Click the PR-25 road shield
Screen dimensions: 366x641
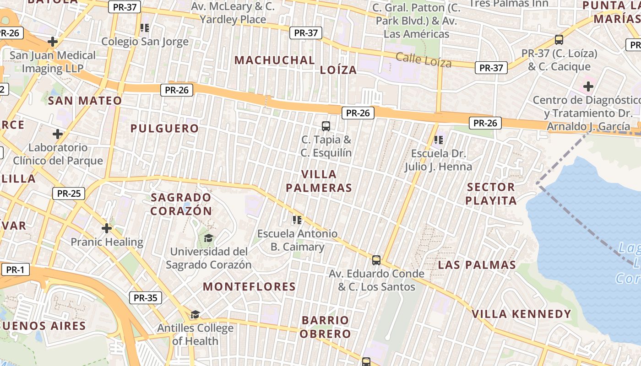coord(69,194)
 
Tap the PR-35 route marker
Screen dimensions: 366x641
coord(146,298)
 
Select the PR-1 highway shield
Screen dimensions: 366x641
coord(15,270)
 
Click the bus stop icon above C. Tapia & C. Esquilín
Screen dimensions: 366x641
coord(326,126)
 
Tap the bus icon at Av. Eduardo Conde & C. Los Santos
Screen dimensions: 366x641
coord(376,260)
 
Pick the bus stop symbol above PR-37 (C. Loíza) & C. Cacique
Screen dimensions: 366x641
coord(559,40)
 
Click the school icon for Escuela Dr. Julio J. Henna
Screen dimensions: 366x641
coord(439,140)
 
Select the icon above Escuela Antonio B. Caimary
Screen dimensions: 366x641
coord(297,220)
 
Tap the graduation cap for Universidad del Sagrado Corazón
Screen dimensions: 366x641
coord(208,238)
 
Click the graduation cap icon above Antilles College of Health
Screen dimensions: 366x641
coord(196,314)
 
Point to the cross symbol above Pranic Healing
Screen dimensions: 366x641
coord(107,228)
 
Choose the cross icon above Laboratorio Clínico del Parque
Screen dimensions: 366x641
coord(58,134)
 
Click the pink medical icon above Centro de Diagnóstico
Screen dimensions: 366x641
coord(588,86)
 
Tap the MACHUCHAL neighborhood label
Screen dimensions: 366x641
coord(275,60)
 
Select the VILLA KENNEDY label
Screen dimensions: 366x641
coord(521,314)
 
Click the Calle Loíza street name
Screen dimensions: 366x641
coord(424,60)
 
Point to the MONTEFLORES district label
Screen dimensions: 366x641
coord(249,287)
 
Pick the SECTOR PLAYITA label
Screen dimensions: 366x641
coord(491,194)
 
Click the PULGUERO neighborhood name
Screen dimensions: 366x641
coord(164,129)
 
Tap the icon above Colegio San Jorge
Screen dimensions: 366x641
coord(145,28)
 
